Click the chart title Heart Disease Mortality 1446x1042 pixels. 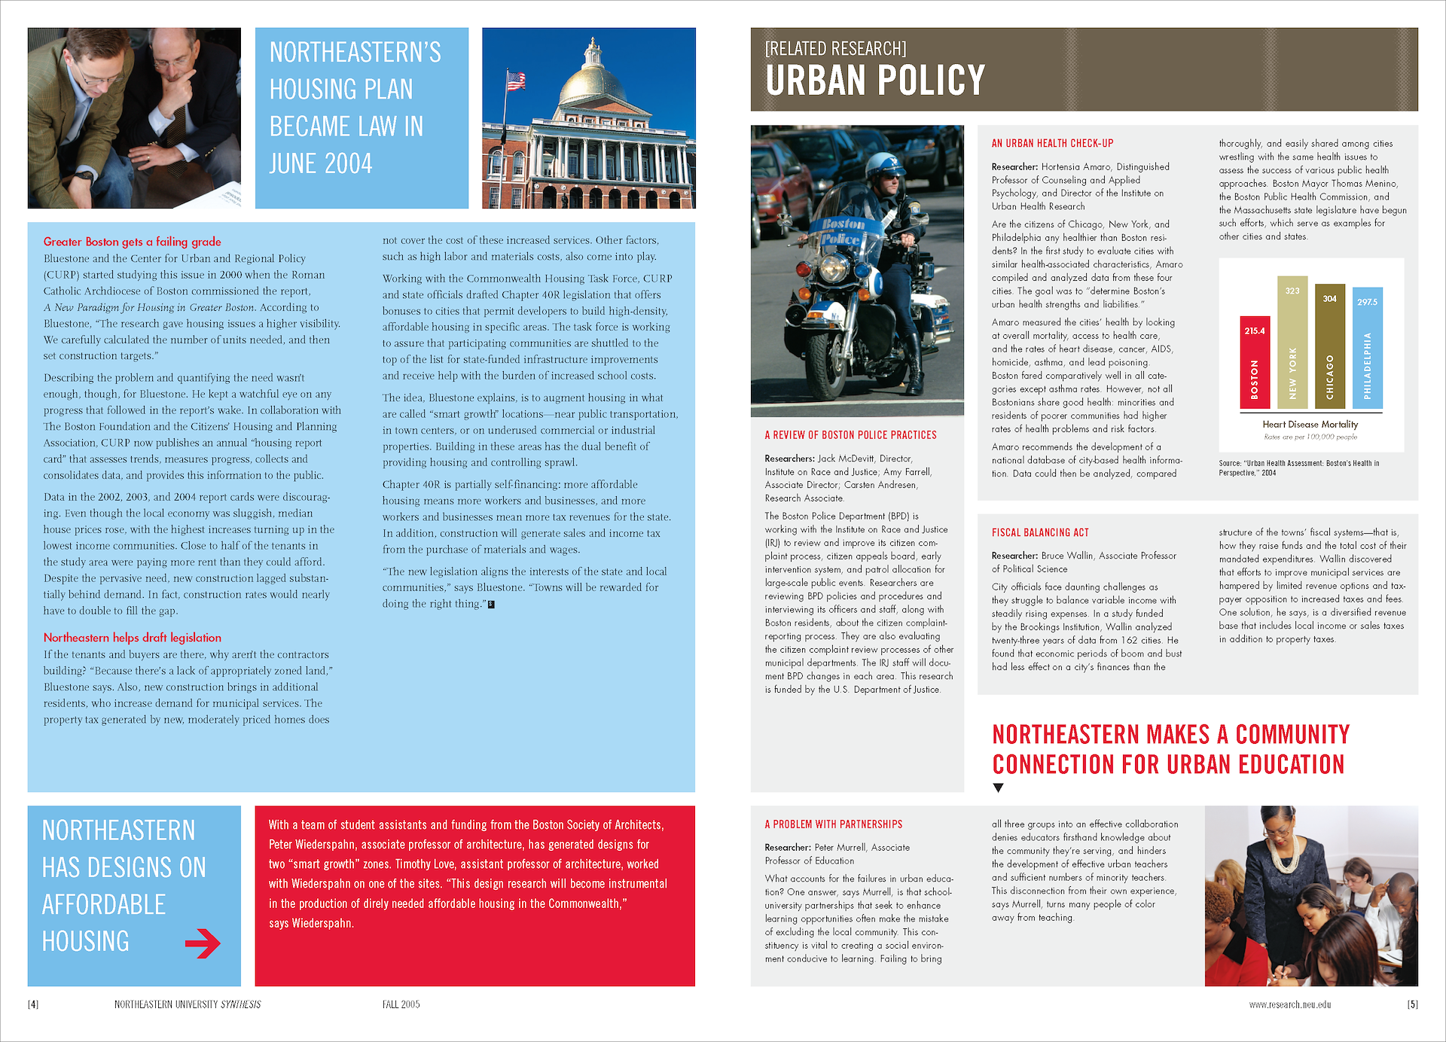(x=1310, y=425)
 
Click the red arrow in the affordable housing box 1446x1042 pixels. (x=203, y=943)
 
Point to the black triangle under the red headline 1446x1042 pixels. (x=999, y=788)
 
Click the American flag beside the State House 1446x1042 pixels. (x=516, y=80)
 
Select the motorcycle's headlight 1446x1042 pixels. (x=834, y=268)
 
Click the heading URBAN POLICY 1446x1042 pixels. (x=875, y=81)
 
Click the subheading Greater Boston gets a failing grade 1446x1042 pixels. (x=133, y=242)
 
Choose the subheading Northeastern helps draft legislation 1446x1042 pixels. (x=133, y=638)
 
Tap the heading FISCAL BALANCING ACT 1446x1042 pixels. (x=1040, y=532)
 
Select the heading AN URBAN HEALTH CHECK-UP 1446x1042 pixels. (x=1052, y=143)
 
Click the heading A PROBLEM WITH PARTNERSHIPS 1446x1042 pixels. (x=834, y=824)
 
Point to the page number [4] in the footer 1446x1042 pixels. (x=33, y=1004)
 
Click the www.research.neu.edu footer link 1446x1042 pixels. (x=1290, y=1004)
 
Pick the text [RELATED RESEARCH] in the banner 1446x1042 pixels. (x=836, y=49)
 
